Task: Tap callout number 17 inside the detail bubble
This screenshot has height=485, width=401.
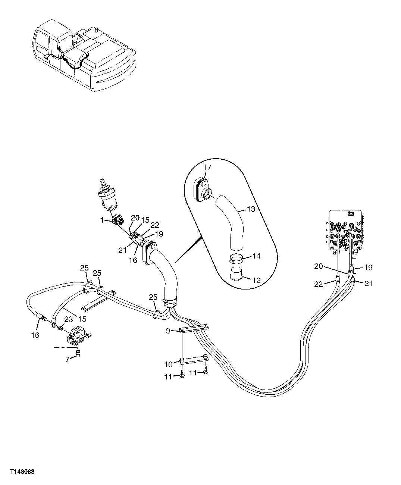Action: (x=207, y=168)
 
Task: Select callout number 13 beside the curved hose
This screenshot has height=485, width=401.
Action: (x=251, y=209)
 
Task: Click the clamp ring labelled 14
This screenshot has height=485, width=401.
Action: (x=235, y=258)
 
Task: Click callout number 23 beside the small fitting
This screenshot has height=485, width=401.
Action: (x=68, y=319)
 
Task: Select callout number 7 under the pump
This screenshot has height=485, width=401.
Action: (x=68, y=359)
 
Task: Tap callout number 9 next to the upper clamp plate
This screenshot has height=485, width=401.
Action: (x=168, y=330)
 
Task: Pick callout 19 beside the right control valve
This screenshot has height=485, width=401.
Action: (x=369, y=267)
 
